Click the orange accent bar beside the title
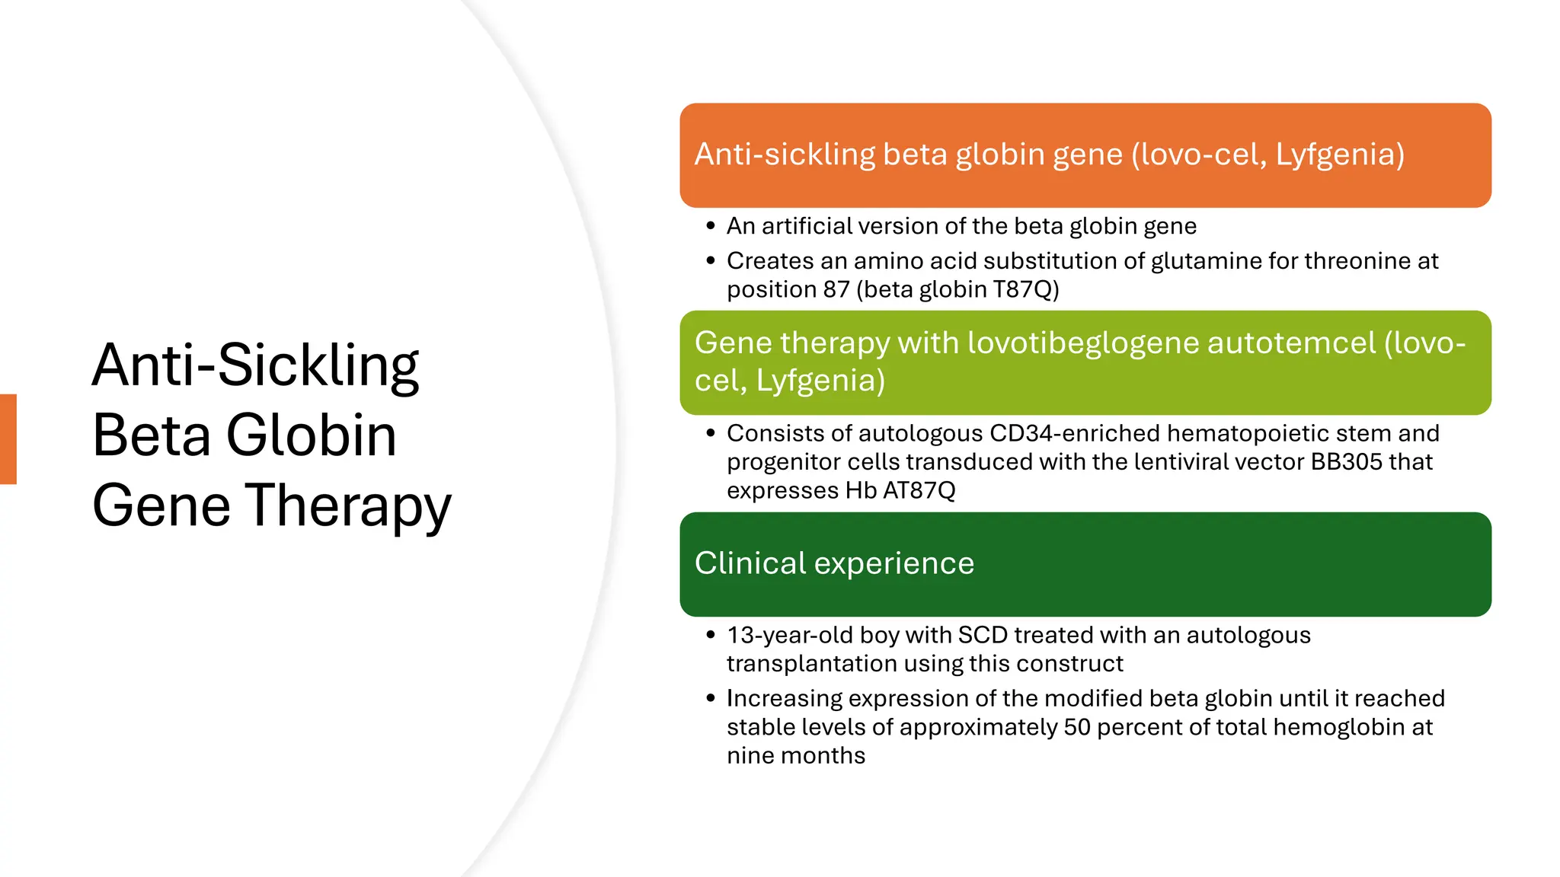pyautogui.click(x=8, y=439)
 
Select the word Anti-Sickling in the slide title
pyautogui.click(x=255, y=365)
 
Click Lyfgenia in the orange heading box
pyautogui.click(x=1339, y=155)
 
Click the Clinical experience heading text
pyautogui.click(x=834, y=563)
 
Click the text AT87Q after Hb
pyautogui.click(x=919, y=490)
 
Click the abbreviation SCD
pyautogui.click(x=983, y=635)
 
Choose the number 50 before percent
pyautogui.click(x=1077, y=727)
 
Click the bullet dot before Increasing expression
pyautogui.click(x=711, y=698)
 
